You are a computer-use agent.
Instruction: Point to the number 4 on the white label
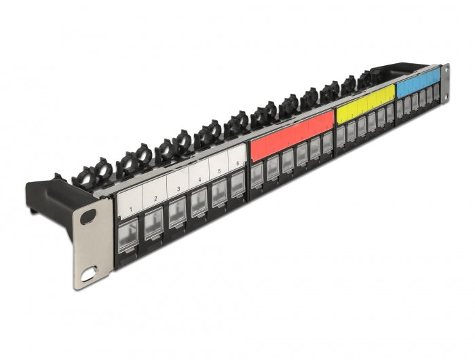pos(199,180)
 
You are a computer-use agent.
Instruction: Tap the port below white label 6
pos(237,185)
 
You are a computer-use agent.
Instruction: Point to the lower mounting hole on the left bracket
pos(89,276)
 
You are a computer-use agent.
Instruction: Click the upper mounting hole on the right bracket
pos(445,71)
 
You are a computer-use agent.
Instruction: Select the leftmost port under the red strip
pos(257,176)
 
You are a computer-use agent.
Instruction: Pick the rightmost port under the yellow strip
pos(389,115)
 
